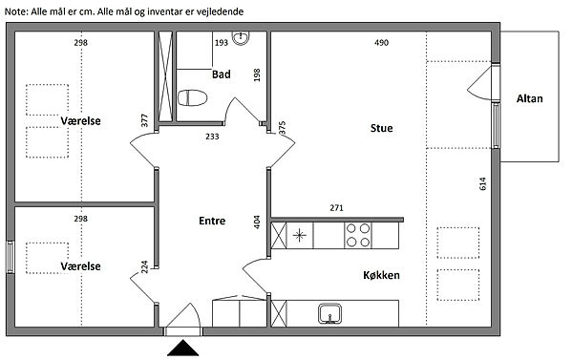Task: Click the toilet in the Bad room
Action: click(x=192, y=98)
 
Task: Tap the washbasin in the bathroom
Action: click(x=241, y=38)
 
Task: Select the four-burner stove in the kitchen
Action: click(x=358, y=235)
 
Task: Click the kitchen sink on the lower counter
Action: click(x=329, y=313)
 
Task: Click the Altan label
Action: click(x=529, y=98)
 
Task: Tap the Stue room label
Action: click(x=381, y=128)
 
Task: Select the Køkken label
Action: click(x=381, y=275)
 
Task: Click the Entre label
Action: click(x=212, y=221)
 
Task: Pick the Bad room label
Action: click(x=222, y=74)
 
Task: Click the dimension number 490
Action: click(x=381, y=43)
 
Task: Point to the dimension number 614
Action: click(x=482, y=183)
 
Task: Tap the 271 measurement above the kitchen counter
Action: click(x=336, y=208)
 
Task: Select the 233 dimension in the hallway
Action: click(x=212, y=137)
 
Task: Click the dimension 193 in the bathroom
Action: click(x=222, y=43)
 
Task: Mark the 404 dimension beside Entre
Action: click(x=257, y=222)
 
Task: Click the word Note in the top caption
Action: click(x=15, y=11)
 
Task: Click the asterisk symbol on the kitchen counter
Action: click(x=299, y=235)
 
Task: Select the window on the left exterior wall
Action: click(x=11, y=257)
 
